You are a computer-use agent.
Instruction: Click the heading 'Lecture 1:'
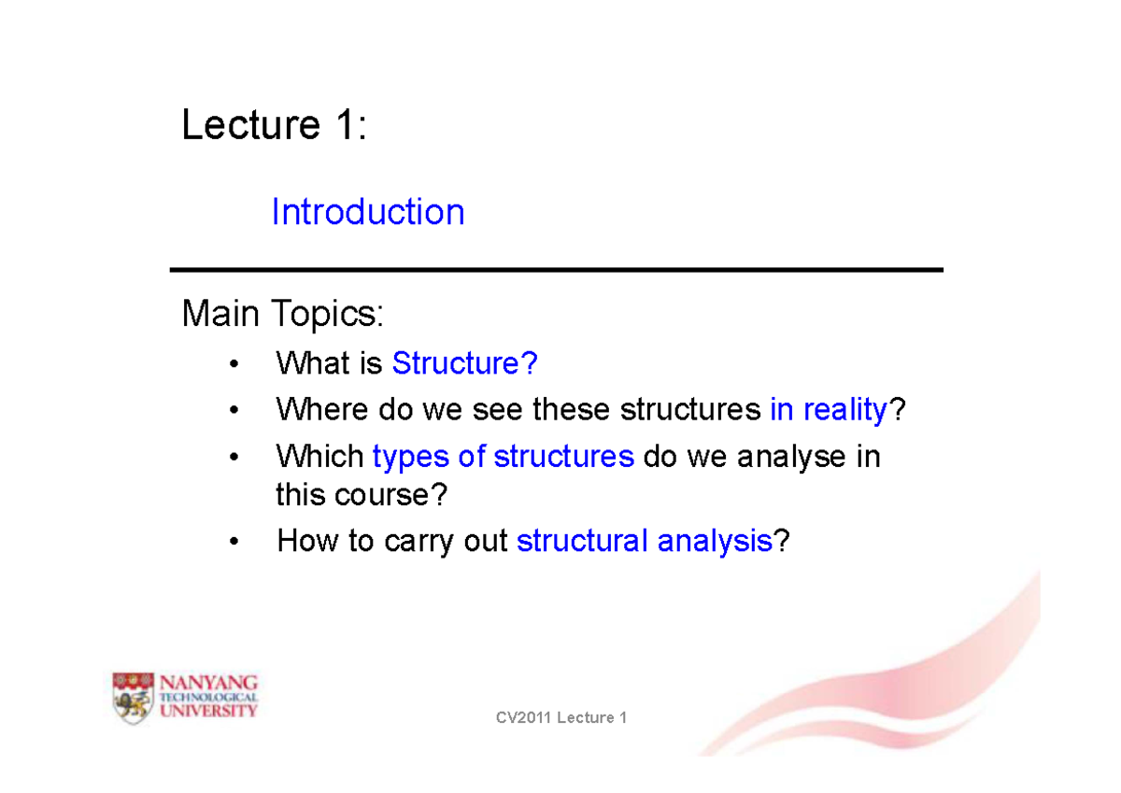pyautogui.click(x=274, y=125)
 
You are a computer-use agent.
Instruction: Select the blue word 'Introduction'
pyautogui.click(x=367, y=213)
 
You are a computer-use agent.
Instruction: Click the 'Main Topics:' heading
pyautogui.click(x=282, y=315)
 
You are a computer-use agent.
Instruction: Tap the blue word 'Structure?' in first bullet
pyautogui.click(x=464, y=363)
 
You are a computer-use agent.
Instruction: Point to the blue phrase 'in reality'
pyautogui.click(x=828, y=410)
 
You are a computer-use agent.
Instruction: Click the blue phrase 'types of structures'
pyautogui.click(x=503, y=457)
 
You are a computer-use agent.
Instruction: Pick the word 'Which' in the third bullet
pyautogui.click(x=319, y=457)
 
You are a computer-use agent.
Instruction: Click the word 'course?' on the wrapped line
pyautogui.click(x=393, y=495)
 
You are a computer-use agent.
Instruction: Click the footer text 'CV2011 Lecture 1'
pyautogui.click(x=560, y=717)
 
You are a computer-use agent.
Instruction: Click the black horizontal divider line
pyautogui.click(x=556, y=270)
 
